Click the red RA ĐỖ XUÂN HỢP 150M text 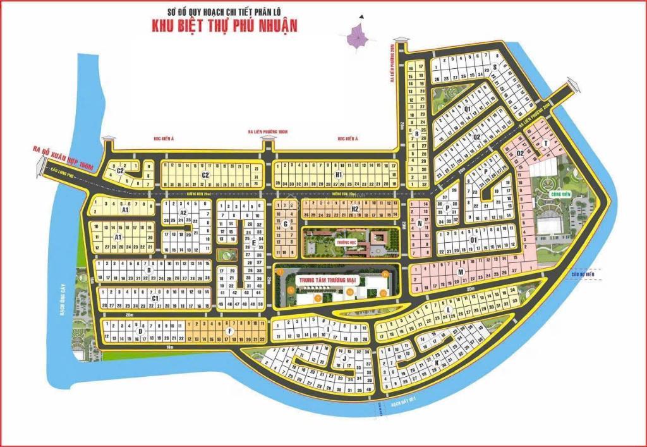click(x=63, y=158)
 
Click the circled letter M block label click(x=461, y=272)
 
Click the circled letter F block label click(x=230, y=331)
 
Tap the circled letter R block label click(x=416, y=133)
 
